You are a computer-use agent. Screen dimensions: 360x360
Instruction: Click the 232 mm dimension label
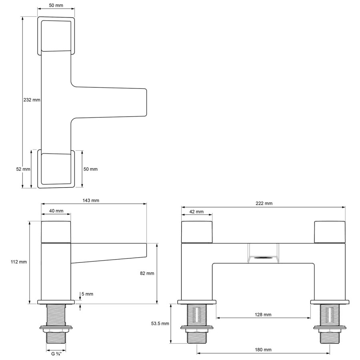pyautogui.click(x=32, y=100)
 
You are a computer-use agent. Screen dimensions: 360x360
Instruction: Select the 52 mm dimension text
pyautogui.click(x=23, y=169)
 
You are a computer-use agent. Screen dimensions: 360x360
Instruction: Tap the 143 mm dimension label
pyautogui.click(x=91, y=200)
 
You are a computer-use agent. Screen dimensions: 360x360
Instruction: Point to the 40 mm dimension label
pyautogui.click(x=56, y=211)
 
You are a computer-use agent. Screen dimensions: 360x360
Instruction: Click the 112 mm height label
pyautogui.click(x=18, y=262)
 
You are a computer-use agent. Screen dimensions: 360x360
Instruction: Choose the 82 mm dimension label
pyautogui.click(x=147, y=273)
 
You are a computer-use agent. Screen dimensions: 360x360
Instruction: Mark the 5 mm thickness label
pyautogui.click(x=87, y=294)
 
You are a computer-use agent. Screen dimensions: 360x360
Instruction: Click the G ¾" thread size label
pyautogui.click(x=56, y=354)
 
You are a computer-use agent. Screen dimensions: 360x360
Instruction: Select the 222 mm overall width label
pyautogui.click(x=264, y=203)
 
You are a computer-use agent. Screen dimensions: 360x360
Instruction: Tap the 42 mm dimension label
pyautogui.click(x=196, y=212)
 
